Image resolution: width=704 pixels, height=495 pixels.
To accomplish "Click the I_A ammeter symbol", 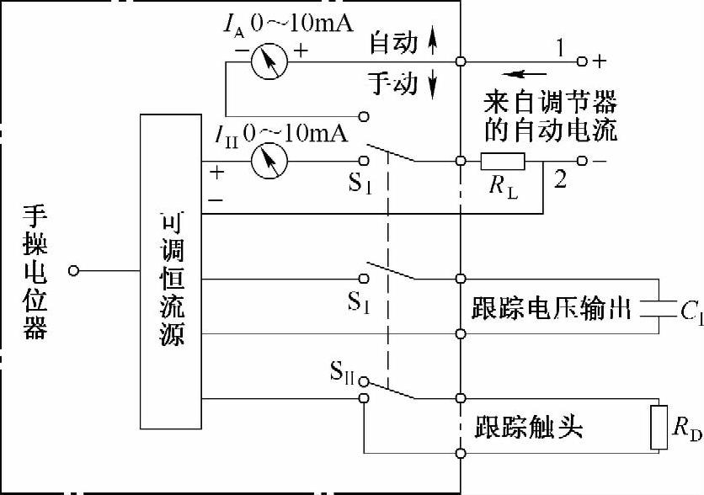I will click(269, 58).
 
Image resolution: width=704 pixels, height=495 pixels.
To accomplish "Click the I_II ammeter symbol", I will click(269, 158).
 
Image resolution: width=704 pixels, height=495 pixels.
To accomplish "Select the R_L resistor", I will click(504, 160).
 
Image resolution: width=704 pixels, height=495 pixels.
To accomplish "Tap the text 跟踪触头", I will click(529, 427).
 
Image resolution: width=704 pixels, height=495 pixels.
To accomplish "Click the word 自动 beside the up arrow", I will click(394, 43).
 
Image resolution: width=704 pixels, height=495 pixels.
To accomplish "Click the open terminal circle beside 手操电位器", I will click(75, 271).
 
